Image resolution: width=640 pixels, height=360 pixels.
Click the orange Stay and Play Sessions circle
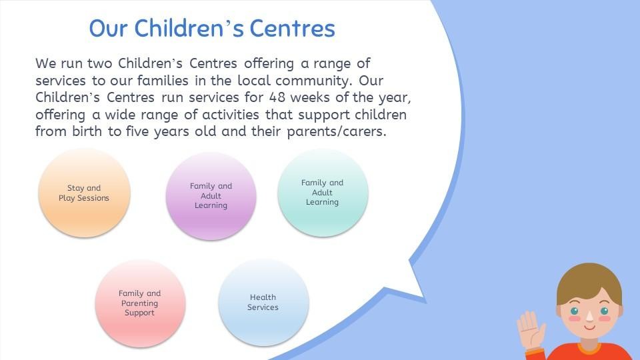(85, 193)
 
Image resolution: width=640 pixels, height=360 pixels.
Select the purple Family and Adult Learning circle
(211, 196)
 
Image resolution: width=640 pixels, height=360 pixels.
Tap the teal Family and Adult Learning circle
(323, 193)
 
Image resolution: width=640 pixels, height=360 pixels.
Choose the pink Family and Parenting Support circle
(141, 304)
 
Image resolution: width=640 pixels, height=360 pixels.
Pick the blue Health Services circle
(264, 303)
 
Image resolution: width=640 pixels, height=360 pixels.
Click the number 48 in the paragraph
(277, 97)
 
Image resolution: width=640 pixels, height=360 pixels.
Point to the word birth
(87, 131)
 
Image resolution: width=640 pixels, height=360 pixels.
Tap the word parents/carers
(336, 132)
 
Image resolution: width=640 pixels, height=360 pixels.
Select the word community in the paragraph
(313, 81)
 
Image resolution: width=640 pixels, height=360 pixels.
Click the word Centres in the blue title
(292, 28)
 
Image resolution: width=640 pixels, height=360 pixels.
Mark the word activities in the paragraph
(231, 115)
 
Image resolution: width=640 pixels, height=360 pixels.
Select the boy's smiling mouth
(590, 327)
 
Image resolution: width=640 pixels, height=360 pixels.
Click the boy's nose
(589, 316)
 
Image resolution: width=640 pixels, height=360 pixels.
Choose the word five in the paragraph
(137, 131)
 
